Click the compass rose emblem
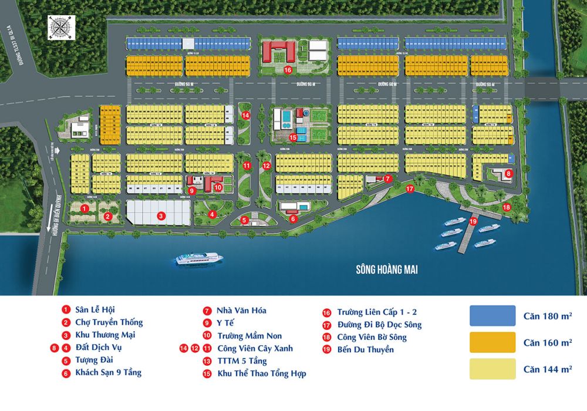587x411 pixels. click(60, 28)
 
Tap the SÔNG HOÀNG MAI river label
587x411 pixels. click(390, 269)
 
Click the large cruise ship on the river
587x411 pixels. click(197, 258)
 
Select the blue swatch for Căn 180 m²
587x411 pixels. click(492, 316)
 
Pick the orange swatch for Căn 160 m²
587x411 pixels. click(492, 342)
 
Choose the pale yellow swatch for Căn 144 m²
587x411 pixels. click(492, 369)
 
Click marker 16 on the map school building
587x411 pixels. click(288, 70)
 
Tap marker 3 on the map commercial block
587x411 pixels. click(160, 216)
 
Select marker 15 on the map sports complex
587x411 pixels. click(293, 137)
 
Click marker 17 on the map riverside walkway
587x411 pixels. click(410, 189)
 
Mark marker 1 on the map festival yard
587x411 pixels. click(85, 208)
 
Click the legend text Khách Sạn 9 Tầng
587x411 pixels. click(108, 372)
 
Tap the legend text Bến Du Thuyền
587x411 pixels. click(365, 349)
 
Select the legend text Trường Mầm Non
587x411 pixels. click(249, 336)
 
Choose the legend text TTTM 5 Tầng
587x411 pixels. click(242, 361)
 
